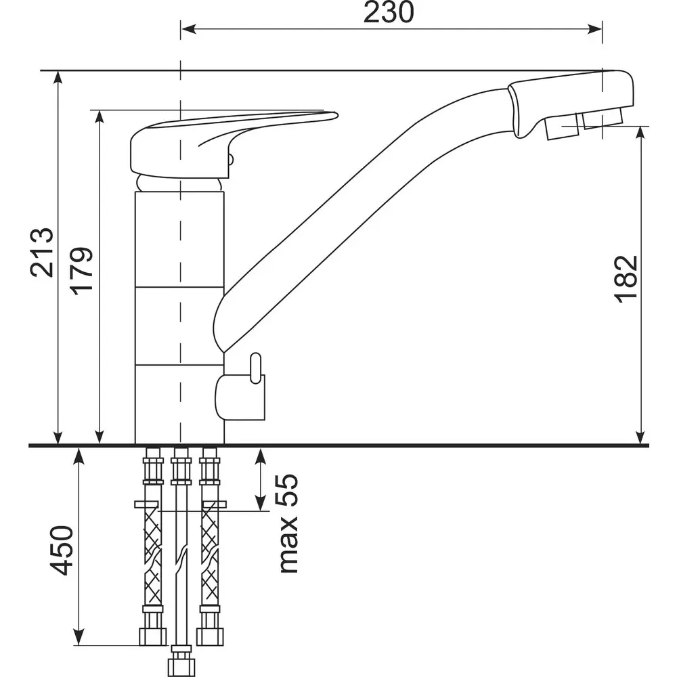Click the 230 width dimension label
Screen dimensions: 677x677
[x=388, y=12]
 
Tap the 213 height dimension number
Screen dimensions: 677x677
[x=42, y=252]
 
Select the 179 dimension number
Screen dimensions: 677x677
[x=82, y=271]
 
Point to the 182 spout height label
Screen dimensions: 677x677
[x=626, y=279]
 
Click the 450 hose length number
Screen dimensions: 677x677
[x=62, y=550]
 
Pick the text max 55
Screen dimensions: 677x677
[x=288, y=523]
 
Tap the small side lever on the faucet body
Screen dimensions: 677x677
[x=256, y=368]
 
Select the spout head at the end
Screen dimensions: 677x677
[x=571, y=104]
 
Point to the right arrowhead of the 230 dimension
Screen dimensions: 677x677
[x=594, y=29]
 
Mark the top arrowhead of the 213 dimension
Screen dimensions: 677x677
[x=58, y=78]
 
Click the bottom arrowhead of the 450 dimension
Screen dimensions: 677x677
[x=79, y=637]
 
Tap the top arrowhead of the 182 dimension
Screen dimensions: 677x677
[x=640, y=134]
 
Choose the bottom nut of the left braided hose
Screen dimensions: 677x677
[x=153, y=636]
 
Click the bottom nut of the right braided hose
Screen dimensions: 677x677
[x=210, y=636]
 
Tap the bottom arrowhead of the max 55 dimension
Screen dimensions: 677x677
[x=260, y=503]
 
